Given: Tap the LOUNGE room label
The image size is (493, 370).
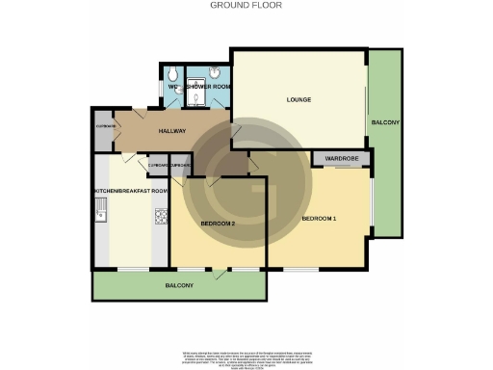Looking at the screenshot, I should point(298,99).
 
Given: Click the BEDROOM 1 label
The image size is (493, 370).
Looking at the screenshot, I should point(319,219).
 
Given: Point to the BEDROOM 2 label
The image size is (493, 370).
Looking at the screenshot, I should point(218,224).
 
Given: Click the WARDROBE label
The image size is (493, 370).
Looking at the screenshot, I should point(341,158).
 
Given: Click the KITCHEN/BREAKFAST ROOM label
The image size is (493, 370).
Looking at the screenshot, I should point(131,191).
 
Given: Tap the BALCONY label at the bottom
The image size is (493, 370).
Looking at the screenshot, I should point(179,285).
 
